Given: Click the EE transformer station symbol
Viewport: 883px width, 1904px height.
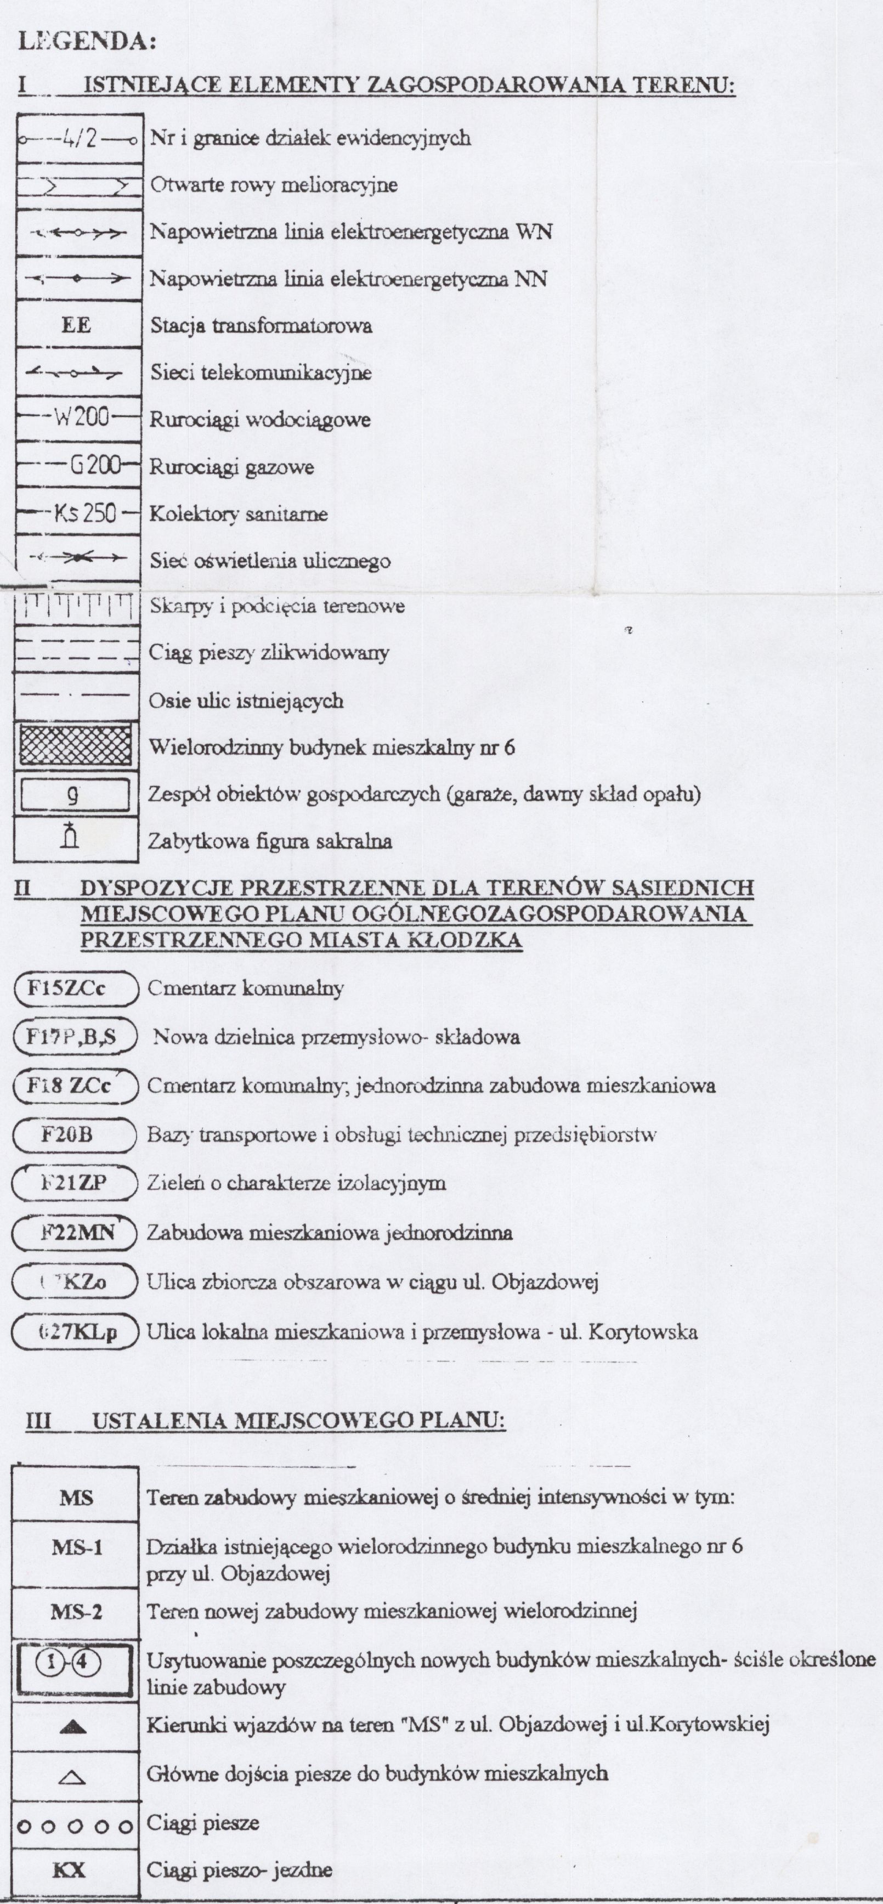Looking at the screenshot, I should pyautogui.click(x=76, y=325).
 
